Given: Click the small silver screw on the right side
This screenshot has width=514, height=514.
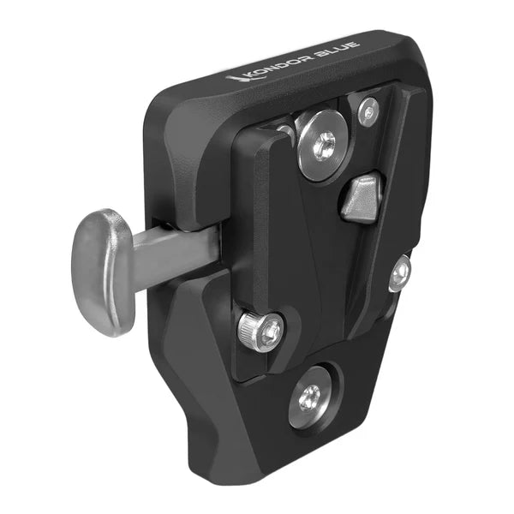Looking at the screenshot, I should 399,273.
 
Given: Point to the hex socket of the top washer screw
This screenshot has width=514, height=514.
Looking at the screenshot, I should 324,146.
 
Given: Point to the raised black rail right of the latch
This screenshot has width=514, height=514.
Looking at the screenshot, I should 403,188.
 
